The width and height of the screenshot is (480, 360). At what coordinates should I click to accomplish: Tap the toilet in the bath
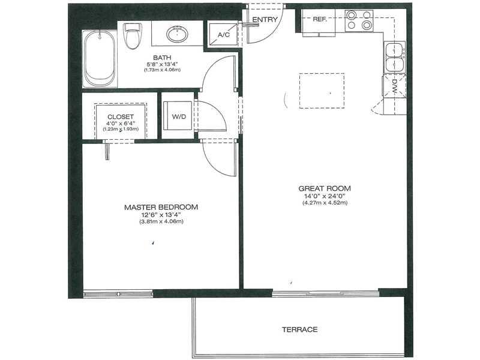tap(133, 35)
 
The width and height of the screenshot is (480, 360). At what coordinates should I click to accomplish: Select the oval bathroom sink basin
tap(178, 34)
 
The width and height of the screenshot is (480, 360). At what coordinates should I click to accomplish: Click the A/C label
tap(223, 35)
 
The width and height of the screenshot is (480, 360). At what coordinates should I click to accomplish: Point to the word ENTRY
tap(265, 20)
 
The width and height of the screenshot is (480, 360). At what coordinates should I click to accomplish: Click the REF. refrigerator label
tap(320, 19)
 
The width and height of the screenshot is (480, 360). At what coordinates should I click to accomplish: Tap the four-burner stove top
tap(359, 20)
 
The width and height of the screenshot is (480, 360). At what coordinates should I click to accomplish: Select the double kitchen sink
tap(395, 57)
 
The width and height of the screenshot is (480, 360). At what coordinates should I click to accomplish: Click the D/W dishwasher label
tap(394, 86)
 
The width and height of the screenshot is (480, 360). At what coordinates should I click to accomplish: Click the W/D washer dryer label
tap(179, 116)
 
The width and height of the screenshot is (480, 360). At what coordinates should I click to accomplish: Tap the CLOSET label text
tap(121, 116)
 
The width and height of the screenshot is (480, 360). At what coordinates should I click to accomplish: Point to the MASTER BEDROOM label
tap(161, 207)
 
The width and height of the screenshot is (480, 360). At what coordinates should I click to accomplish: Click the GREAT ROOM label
tap(325, 188)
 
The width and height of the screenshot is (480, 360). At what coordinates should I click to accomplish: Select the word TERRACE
tap(299, 329)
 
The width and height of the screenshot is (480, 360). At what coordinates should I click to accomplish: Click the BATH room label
tap(162, 58)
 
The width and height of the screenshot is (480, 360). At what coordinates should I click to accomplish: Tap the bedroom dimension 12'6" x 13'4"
tap(161, 215)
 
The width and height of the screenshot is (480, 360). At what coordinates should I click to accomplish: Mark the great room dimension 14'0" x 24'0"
tap(325, 196)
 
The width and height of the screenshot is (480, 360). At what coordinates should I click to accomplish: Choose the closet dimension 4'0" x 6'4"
tap(121, 124)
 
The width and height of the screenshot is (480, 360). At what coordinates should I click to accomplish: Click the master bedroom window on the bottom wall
tap(118, 293)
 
